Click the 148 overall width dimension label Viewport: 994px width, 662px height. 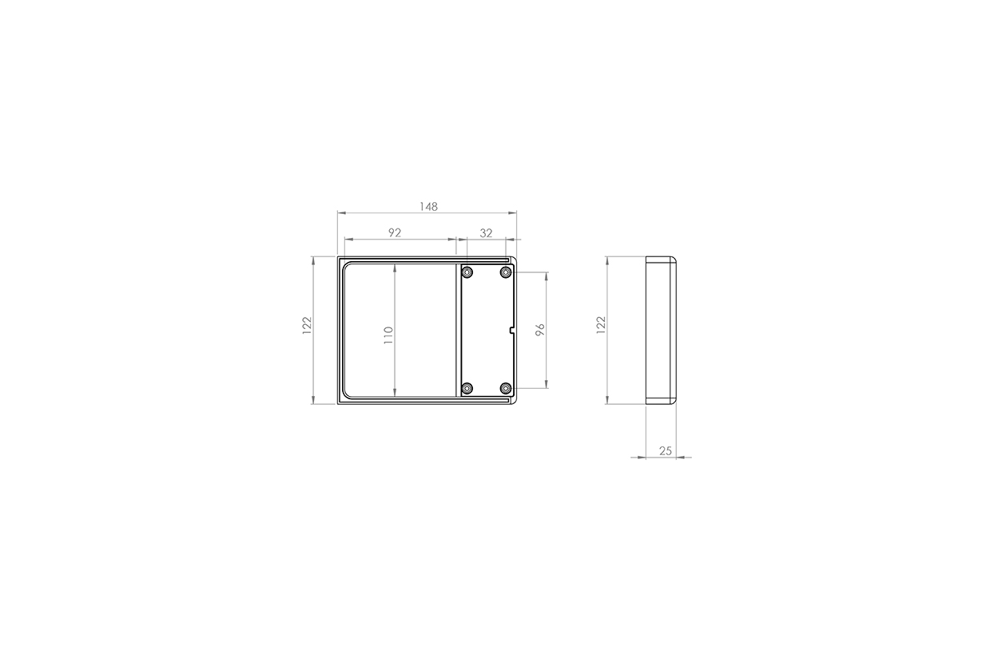point(428,207)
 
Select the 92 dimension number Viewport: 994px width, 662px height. point(395,233)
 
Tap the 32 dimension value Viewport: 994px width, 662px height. point(486,233)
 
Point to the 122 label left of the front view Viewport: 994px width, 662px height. point(307,326)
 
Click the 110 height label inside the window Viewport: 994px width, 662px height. point(388,335)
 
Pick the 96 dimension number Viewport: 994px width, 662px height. point(540,330)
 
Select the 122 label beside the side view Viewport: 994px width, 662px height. point(601,324)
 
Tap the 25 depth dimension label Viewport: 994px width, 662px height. point(665,451)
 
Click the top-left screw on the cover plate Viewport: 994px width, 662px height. point(467,272)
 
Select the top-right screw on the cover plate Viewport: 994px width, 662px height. point(506,272)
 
